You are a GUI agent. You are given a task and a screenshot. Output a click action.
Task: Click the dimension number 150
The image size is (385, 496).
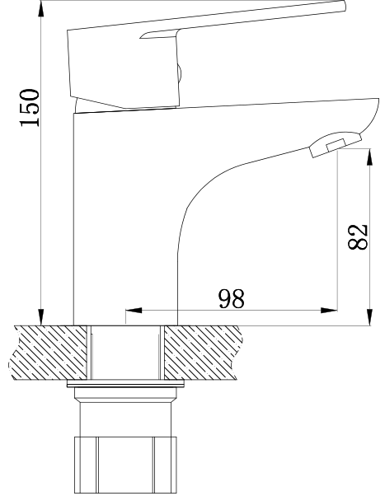[x=29, y=107]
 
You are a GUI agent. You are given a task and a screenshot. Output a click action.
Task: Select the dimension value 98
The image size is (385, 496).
[x=232, y=299]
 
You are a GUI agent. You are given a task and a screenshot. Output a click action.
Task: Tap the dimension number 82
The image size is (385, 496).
[x=358, y=237]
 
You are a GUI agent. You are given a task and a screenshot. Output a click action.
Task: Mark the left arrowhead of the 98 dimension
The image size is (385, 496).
[x=133, y=311]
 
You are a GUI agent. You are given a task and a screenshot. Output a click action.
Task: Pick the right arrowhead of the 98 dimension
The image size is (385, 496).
[x=330, y=311]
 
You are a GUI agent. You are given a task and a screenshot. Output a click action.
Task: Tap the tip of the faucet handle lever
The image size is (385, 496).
[x=340, y=7]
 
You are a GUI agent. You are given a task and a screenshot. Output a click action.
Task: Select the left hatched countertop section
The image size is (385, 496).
[x=49, y=353]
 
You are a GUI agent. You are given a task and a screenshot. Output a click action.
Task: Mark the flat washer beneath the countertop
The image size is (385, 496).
[x=126, y=386]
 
